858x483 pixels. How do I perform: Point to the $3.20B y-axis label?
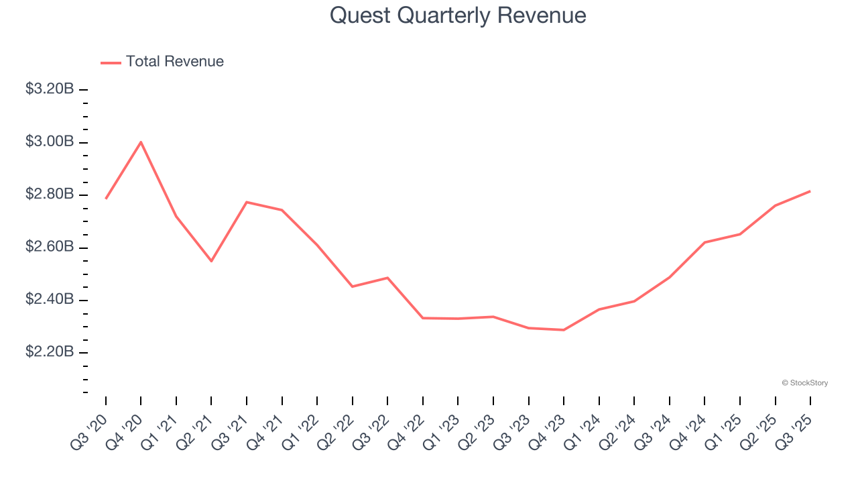coord(50,89)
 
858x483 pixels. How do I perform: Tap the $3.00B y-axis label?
coord(50,142)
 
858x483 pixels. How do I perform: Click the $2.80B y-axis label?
coord(50,195)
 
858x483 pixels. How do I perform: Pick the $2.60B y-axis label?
coord(50,248)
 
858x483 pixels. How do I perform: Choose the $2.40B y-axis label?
coord(50,300)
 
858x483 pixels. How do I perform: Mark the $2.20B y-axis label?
coord(50,353)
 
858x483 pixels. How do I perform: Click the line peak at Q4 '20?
coord(141,142)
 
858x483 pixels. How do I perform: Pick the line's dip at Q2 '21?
coord(211,261)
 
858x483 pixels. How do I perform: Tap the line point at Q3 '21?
coord(247,202)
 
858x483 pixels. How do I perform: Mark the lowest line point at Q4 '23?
coord(564,330)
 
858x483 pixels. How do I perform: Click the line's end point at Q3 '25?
coord(810,191)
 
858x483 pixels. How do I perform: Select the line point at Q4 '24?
coord(704,242)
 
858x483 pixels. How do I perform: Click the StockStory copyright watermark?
coord(804,383)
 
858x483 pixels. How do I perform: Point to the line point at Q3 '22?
coord(387,278)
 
